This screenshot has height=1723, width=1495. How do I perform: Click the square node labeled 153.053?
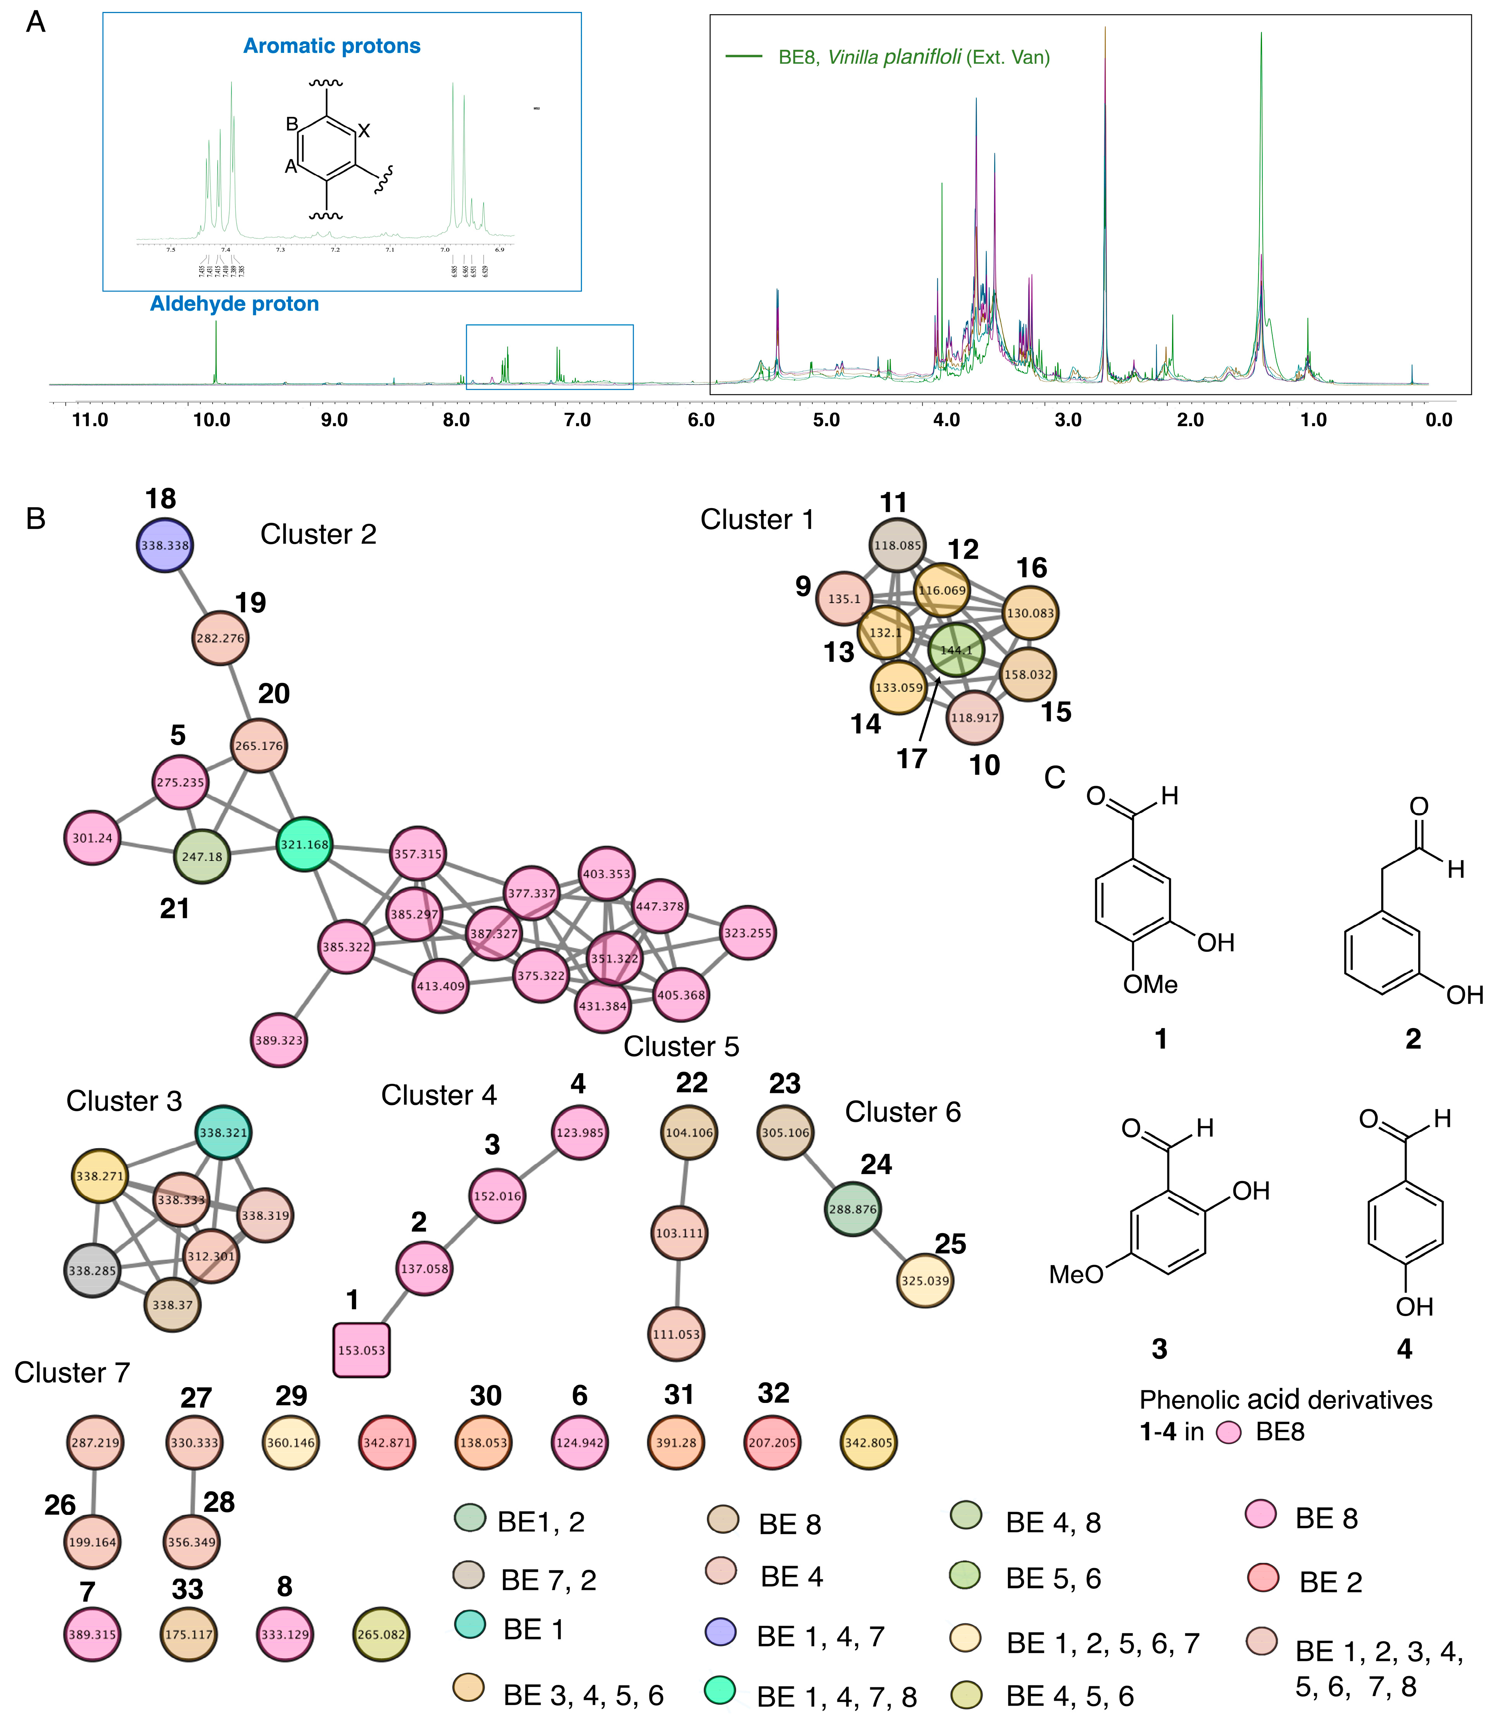[x=361, y=1350]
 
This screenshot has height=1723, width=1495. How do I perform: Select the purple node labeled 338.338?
[x=165, y=545]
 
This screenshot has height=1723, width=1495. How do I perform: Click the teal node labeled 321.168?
[x=304, y=844]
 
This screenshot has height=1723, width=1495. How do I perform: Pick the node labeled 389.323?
[x=279, y=1040]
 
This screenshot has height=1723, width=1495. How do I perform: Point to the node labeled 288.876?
[x=852, y=1209]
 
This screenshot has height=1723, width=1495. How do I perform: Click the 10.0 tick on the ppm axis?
[x=212, y=420]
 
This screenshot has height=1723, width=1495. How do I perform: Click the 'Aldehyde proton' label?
[x=234, y=304]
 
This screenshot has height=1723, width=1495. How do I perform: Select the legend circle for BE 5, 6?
[x=966, y=1574]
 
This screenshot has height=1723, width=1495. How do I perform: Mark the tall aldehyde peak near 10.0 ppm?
[x=216, y=351]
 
